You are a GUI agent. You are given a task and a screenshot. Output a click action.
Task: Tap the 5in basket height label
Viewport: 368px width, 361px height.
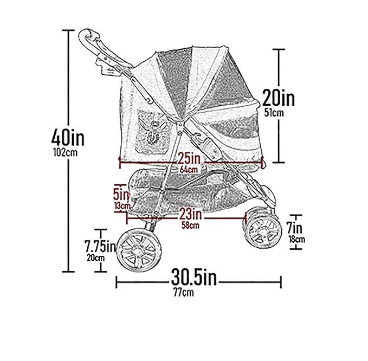pos(120,193)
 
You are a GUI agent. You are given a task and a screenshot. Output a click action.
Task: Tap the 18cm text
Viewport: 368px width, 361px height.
pos(296,239)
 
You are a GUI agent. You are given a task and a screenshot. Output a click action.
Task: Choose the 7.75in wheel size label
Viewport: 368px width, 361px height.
pos(100,246)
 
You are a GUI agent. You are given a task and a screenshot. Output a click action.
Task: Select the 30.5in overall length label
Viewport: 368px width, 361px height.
pos(194,278)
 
